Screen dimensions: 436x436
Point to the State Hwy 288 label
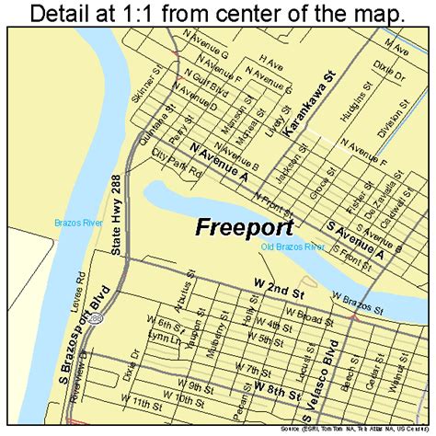point(129,225)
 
